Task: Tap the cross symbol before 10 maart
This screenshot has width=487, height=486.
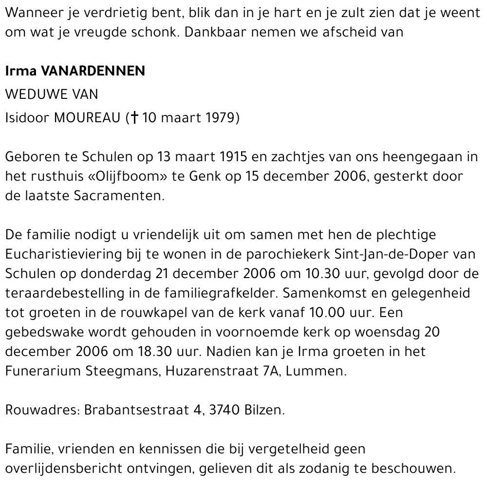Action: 134,118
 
